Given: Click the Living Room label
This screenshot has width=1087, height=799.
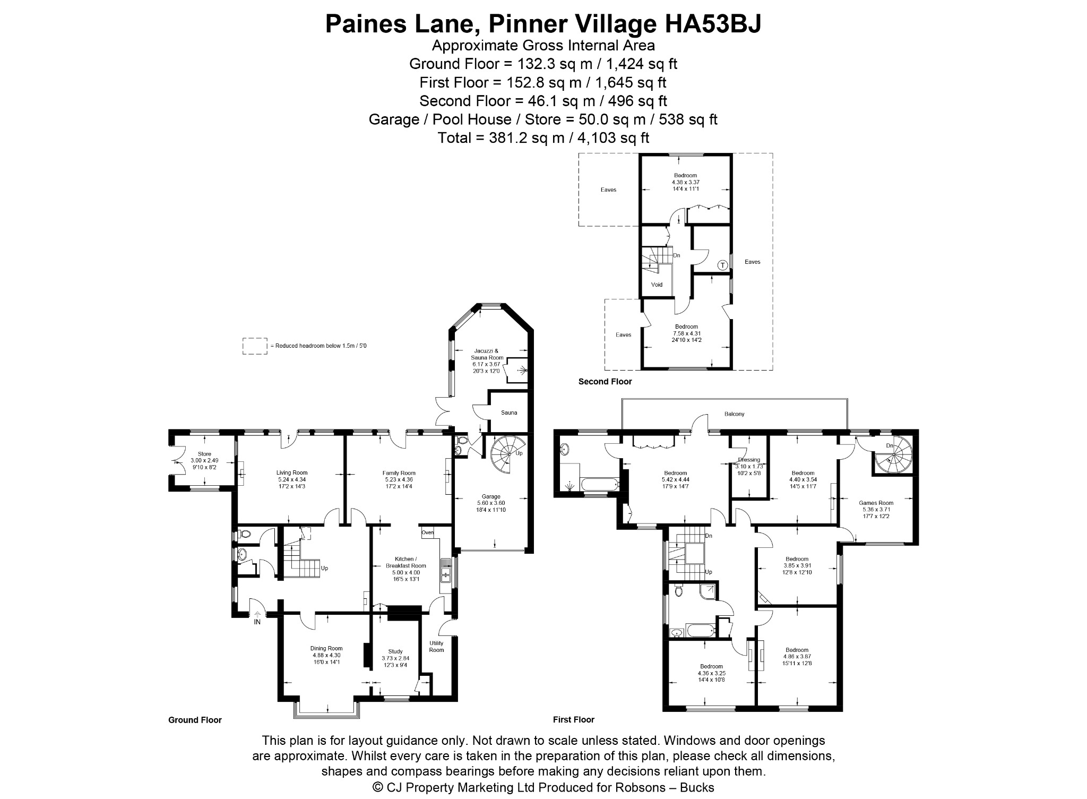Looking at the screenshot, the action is click(292, 472).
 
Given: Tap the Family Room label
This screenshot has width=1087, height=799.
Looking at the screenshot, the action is click(399, 472).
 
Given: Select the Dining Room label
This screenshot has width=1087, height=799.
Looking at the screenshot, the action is click(326, 648).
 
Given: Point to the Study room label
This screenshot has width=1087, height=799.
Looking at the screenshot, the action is click(395, 651).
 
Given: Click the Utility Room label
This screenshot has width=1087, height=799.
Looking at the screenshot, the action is click(436, 647).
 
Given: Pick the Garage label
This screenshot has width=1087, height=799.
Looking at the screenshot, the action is click(491, 496).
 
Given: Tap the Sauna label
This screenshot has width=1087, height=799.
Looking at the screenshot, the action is click(509, 413).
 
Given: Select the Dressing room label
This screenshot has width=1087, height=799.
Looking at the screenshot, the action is click(749, 460).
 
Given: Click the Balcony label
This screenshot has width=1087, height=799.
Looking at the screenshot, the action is click(735, 414).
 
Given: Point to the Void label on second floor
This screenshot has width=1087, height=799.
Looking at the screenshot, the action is click(657, 285).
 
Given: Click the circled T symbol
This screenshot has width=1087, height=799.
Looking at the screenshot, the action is click(722, 265).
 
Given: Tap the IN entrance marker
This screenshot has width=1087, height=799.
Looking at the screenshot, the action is click(257, 622).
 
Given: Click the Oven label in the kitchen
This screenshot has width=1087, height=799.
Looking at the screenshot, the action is click(427, 532).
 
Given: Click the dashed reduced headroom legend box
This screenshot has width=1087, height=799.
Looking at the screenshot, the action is click(255, 346).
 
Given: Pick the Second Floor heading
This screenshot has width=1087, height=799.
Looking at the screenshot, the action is click(605, 381).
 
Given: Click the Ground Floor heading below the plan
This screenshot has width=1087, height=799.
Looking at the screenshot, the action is click(195, 720).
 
